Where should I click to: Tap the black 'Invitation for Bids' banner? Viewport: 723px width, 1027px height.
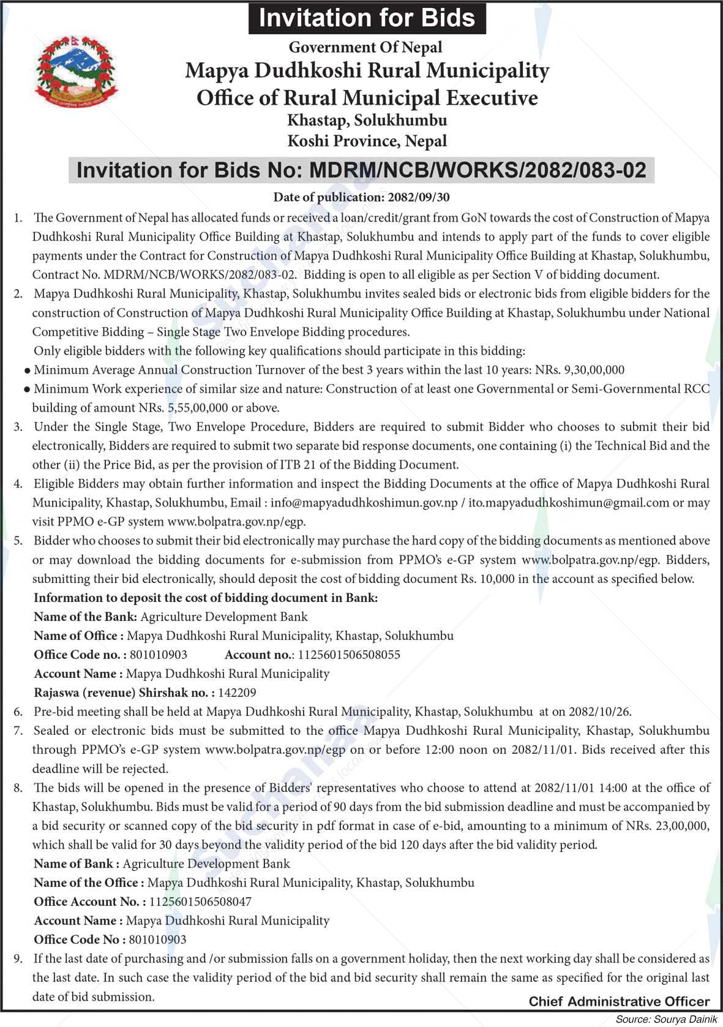click(367, 18)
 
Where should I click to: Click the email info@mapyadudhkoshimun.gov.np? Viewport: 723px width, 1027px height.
click(364, 503)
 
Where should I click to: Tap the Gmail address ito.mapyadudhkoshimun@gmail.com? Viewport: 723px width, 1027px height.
click(569, 503)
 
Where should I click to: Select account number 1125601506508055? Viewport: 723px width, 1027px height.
click(348, 655)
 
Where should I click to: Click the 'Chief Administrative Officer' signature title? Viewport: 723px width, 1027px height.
click(619, 1002)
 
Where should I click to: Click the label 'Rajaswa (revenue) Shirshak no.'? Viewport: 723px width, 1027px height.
click(124, 693)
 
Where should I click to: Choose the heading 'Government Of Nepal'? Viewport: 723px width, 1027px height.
click(365, 47)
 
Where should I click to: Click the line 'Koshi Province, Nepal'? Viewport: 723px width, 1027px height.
click(367, 141)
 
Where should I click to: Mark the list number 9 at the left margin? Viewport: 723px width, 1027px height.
click(18, 958)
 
